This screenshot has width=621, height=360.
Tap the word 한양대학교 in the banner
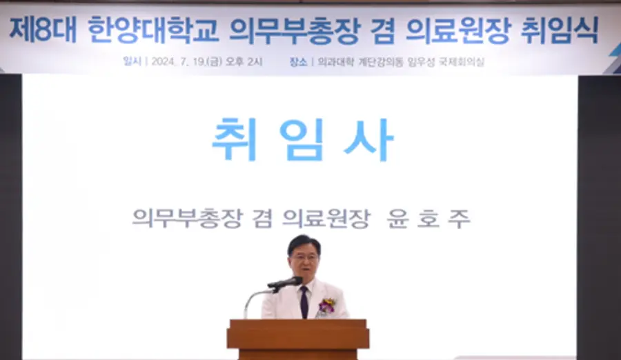pyautogui.click(x=153, y=30)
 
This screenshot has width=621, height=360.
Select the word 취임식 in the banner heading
pyautogui.click(x=559, y=30)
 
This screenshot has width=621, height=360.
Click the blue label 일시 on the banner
pyautogui.click(x=132, y=61)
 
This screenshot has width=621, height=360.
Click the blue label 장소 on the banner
pyautogui.click(x=298, y=62)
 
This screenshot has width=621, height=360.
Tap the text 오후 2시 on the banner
pyautogui.click(x=244, y=62)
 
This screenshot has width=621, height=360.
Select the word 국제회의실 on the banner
pyautogui.click(x=462, y=62)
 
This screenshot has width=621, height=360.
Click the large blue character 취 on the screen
pyautogui.click(x=235, y=139)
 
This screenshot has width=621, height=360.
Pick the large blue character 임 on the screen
pyautogui.click(x=302, y=139)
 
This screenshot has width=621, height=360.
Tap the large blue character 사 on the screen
pyautogui.click(x=368, y=139)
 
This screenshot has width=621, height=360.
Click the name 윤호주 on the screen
pyautogui.click(x=428, y=218)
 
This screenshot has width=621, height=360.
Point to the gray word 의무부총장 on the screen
pyautogui.click(x=187, y=218)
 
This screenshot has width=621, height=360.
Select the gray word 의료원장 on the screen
pyautogui.click(x=326, y=218)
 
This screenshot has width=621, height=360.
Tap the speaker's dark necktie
pyautogui.click(x=304, y=302)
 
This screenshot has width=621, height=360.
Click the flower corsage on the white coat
pyautogui.click(x=327, y=306)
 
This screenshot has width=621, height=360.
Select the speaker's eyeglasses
pyautogui.click(x=305, y=257)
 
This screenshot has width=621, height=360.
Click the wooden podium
pyautogui.click(x=298, y=339)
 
